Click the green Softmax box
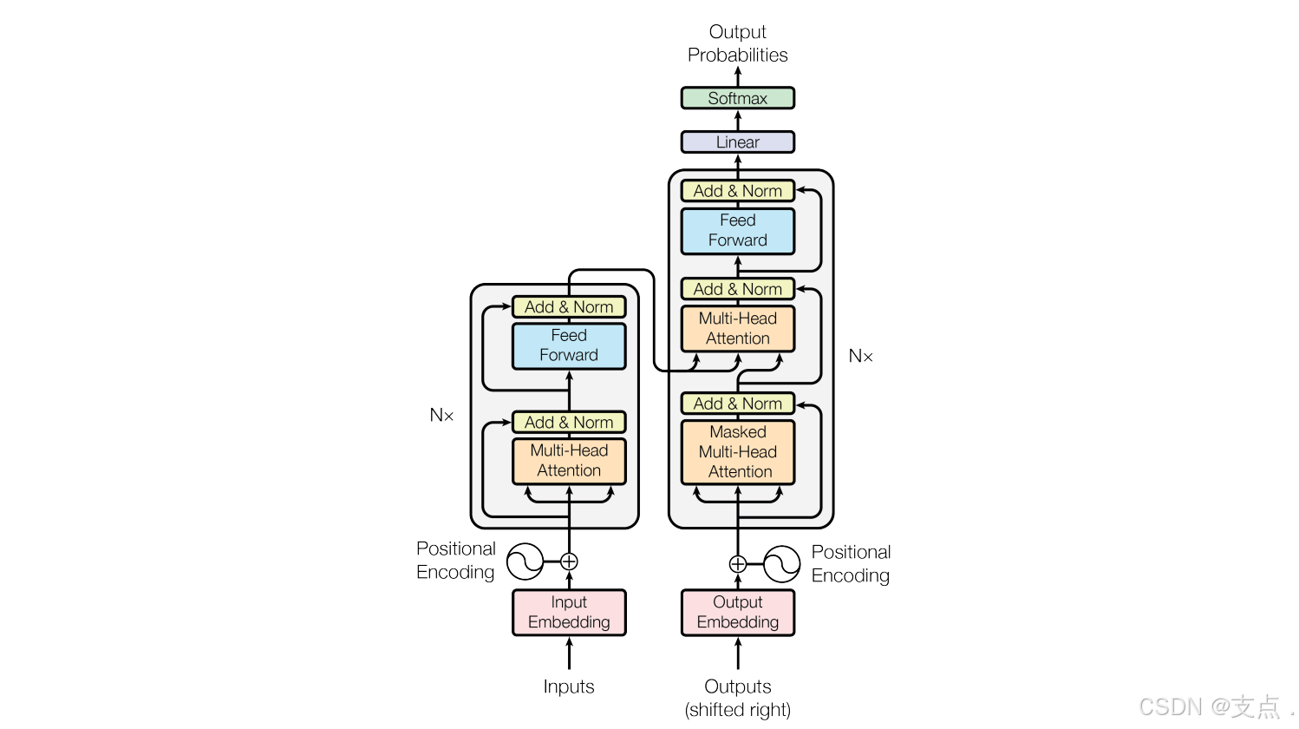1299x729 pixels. coord(737,98)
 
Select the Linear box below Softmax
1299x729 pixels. coord(737,142)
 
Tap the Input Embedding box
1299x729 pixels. coord(569,613)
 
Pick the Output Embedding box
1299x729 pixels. coord(737,613)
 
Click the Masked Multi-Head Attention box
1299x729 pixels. coord(737,452)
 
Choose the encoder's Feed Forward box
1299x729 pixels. coord(569,345)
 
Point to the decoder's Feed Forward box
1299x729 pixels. coord(737,231)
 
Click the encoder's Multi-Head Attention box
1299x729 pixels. coord(569,461)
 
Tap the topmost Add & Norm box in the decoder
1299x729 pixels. coord(737,191)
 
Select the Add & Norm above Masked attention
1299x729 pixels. coord(737,404)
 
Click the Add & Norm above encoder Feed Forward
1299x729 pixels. coord(569,307)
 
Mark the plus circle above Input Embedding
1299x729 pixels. coord(569,562)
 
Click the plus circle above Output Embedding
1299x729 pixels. coord(737,564)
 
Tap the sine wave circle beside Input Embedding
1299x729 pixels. coord(525,562)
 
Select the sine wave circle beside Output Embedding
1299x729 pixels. coord(781,564)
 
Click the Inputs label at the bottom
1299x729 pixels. coord(569,686)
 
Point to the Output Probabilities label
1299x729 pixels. coord(737,43)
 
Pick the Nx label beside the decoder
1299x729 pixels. coord(860,356)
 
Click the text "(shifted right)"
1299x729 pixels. coord(737,710)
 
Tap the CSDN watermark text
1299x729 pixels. coord(1210,706)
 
